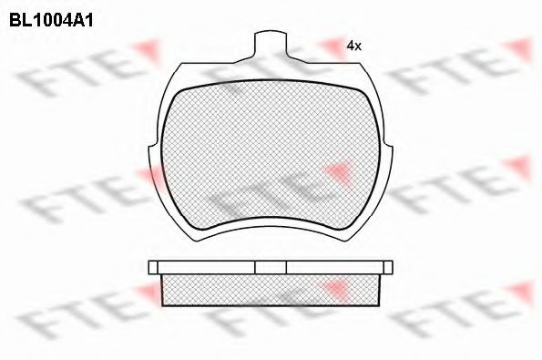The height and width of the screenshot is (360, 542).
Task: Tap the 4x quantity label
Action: point(354,46)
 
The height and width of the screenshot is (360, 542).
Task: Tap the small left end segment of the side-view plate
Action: point(153,267)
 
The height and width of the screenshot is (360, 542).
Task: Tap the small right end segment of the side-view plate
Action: point(389,267)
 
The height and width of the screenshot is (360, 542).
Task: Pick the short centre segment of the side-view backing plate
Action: point(271,267)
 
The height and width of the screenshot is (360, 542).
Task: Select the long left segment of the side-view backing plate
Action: point(207,267)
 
